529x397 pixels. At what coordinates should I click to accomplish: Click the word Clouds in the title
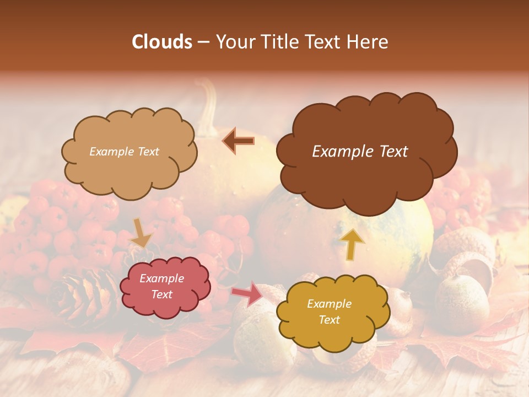pos(161,42)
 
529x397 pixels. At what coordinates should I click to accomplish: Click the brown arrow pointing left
pos(239,141)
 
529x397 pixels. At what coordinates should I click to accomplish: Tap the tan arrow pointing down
pos(141,233)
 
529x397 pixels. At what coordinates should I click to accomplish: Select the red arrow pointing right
pos(247,293)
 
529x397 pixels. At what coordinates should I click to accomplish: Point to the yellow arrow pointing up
pos(353,243)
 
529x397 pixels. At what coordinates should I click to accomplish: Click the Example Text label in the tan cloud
pos(124,152)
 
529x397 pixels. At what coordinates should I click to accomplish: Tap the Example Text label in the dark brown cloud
pos(360,152)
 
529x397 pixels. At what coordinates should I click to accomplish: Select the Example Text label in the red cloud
pos(161,287)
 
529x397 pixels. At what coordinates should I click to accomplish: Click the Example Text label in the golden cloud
pos(329,312)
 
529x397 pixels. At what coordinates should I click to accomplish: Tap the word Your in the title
pos(234,42)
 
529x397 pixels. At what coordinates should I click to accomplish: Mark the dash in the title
pos(203,42)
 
